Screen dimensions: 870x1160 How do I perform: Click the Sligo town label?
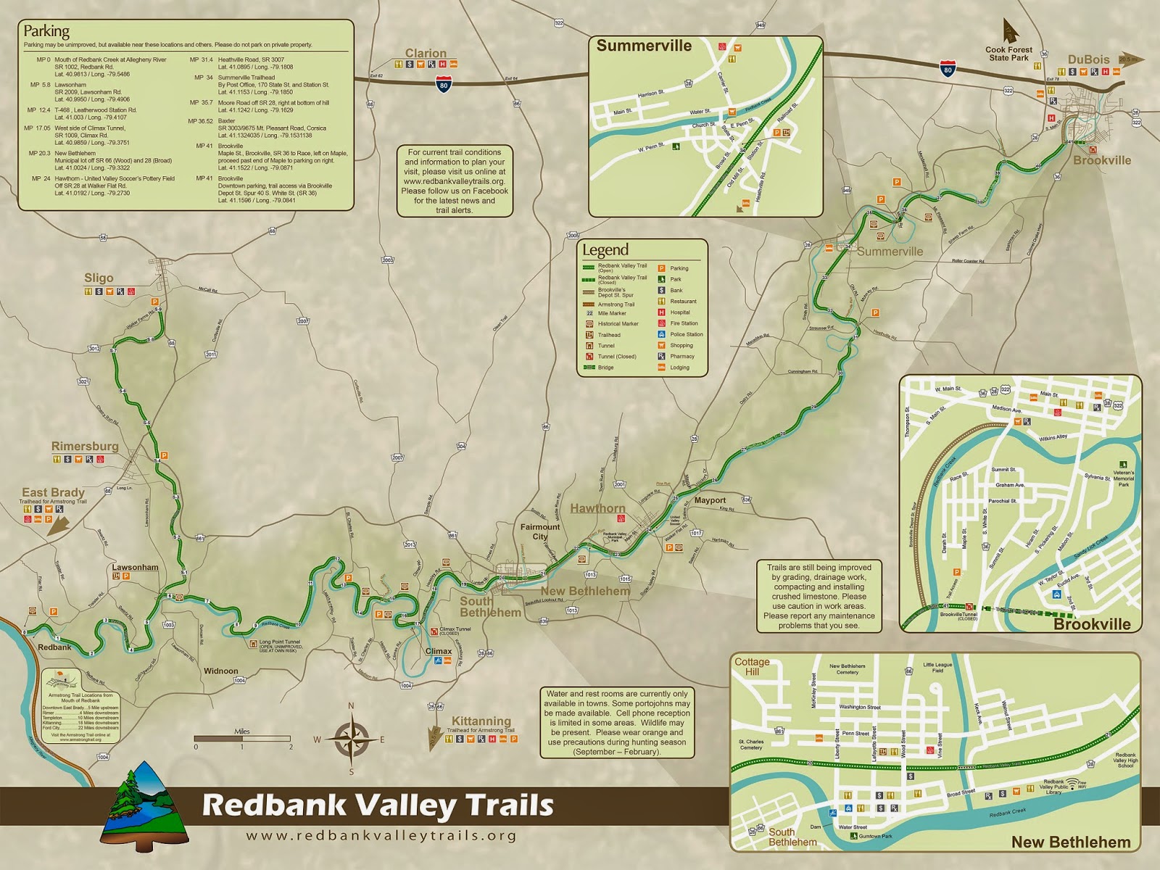point(99,278)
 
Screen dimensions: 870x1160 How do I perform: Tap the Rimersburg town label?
point(85,447)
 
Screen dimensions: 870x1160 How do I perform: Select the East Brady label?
point(53,492)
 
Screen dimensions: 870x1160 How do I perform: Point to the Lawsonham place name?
point(135,567)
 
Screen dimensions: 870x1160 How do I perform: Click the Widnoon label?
point(220,671)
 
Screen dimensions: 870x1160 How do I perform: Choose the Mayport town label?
point(710,500)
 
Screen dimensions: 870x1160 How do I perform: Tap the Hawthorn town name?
point(597,508)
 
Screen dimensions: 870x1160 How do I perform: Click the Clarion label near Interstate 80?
point(426,53)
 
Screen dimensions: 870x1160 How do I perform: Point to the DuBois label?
point(1088,59)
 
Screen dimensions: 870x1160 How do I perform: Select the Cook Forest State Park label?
point(1008,54)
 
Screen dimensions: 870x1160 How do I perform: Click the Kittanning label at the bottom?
point(481,721)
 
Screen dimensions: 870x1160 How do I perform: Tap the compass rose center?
point(352,739)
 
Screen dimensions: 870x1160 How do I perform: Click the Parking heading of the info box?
point(46,31)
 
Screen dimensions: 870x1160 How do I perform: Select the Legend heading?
point(605,251)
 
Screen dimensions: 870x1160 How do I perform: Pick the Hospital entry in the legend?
point(680,312)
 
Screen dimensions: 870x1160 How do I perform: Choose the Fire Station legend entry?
point(684,323)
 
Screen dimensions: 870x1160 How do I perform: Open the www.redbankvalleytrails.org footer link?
point(381,835)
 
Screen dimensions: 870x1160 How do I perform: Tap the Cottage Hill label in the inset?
point(752,666)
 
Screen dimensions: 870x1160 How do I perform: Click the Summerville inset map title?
point(644,46)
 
